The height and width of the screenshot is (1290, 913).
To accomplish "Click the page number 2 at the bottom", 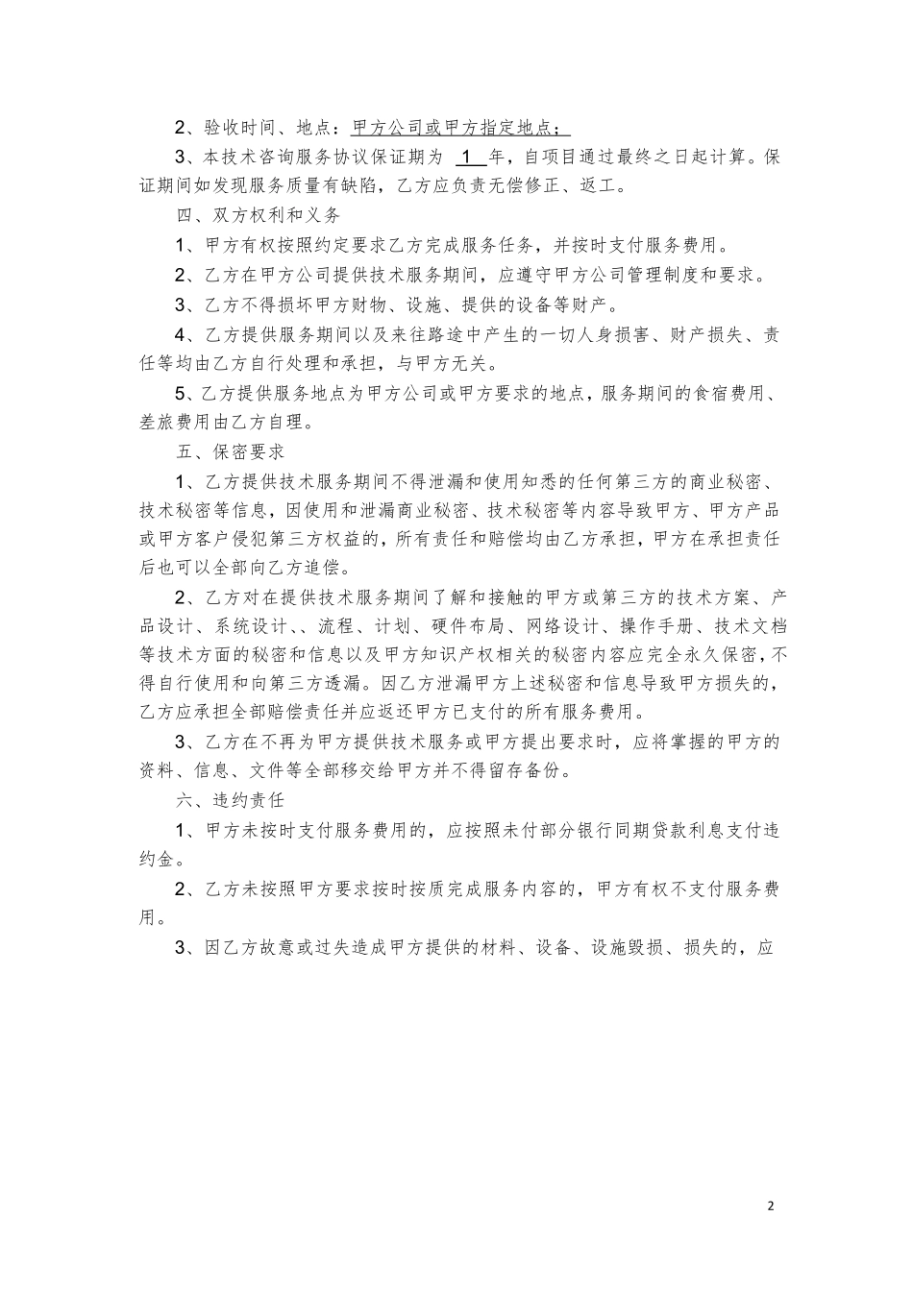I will click(x=771, y=1206).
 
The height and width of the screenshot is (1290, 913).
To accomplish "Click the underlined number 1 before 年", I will click(x=466, y=157).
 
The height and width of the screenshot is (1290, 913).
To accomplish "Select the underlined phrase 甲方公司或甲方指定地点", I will click(x=461, y=128).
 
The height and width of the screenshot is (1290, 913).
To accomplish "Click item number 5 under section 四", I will click(x=181, y=393).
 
